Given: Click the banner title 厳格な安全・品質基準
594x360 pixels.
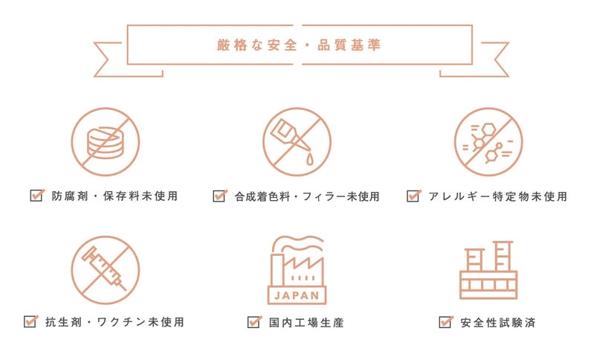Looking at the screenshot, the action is pyautogui.click(x=299, y=45).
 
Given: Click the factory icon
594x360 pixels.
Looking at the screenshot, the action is pyautogui.click(x=297, y=270).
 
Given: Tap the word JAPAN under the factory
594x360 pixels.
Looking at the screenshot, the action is pyautogui.click(x=297, y=295).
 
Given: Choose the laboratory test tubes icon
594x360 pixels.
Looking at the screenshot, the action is pyautogui.click(x=488, y=270).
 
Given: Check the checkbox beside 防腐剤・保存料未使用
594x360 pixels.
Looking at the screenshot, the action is pyautogui.click(x=37, y=195).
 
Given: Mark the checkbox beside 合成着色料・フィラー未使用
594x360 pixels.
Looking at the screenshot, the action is pyautogui.click(x=220, y=196).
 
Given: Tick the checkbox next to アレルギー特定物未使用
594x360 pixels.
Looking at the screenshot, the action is pyautogui.click(x=413, y=196).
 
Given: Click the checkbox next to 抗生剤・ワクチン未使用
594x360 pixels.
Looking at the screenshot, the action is pyautogui.click(x=30, y=321).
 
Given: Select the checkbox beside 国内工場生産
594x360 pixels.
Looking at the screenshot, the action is pyautogui.click(x=254, y=322).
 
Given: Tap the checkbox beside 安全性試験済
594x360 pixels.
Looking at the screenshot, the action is pyautogui.click(x=446, y=322).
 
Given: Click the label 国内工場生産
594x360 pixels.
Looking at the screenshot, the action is pyautogui.click(x=306, y=323).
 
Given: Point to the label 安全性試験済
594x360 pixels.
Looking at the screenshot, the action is pyautogui.click(x=498, y=323).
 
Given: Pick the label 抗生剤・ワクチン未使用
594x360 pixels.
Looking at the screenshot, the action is pyautogui.click(x=114, y=322).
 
